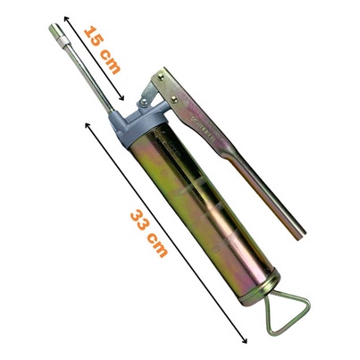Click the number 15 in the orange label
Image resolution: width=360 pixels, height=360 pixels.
[94, 36]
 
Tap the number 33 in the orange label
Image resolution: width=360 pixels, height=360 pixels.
[140, 221]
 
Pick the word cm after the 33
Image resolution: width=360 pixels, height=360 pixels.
[158, 246]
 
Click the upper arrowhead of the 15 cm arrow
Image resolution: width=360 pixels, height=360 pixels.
[66, 19]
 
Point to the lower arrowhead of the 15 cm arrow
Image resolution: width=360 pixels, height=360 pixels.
[121, 98]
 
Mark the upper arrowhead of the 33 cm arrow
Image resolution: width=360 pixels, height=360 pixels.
[88, 125]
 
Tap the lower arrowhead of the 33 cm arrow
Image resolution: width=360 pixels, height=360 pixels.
[244, 340]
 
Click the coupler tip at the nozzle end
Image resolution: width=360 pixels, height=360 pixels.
[54, 29]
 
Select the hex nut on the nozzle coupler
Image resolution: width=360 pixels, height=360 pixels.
[63, 39]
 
